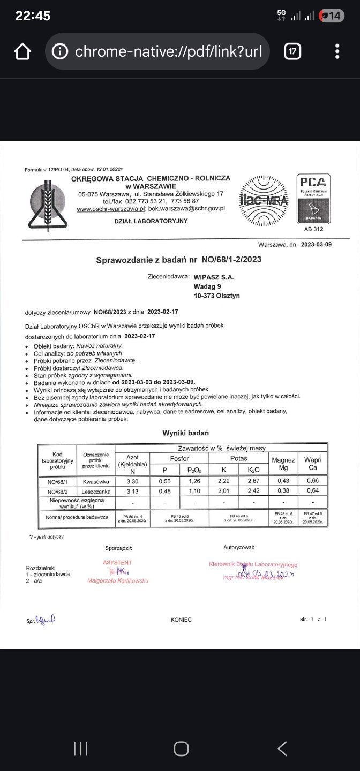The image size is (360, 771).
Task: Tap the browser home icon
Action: [22, 52]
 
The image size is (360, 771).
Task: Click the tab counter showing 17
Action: [292, 52]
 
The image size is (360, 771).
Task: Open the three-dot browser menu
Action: [337, 52]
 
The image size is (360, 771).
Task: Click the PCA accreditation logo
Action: [313, 199]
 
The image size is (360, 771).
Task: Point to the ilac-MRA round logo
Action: [263, 201]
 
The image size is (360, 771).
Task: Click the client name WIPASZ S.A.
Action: [214, 277]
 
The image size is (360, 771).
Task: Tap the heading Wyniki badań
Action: [185, 433]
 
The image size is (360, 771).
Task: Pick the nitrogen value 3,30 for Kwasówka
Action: [132, 481]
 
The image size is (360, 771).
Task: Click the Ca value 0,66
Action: [312, 481]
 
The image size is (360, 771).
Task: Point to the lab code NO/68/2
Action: [57, 492]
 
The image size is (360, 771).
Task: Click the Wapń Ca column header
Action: [312, 464]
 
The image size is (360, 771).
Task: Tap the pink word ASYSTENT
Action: [117, 563]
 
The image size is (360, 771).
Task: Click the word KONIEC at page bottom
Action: [181, 619]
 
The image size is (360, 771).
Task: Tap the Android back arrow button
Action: [282, 748]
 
